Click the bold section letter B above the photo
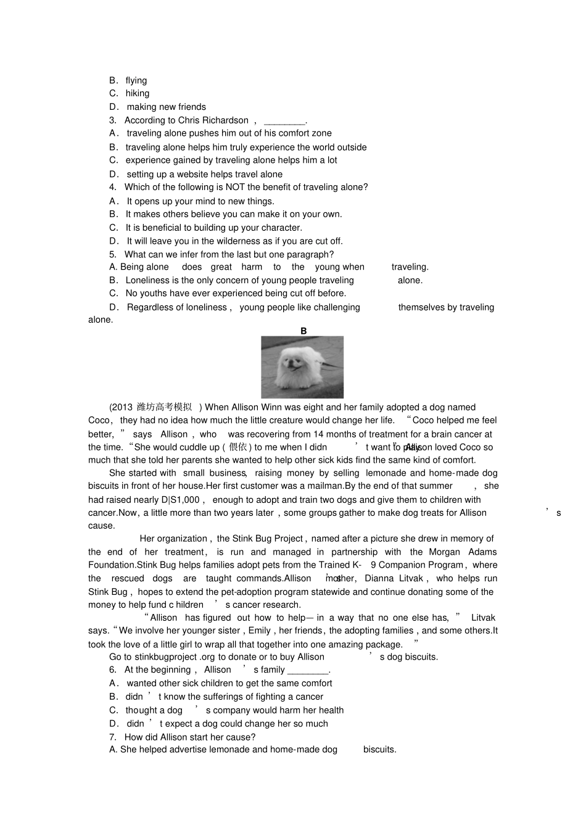tap(303, 331)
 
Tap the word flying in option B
tap(136, 80)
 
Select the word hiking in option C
tap(138, 93)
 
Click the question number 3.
tap(112, 120)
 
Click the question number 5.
tap(112, 254)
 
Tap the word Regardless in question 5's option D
tap(149, 307)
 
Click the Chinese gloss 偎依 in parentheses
tap(238, 447)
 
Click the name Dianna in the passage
tap(379, 579)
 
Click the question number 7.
tap(112, 737)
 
